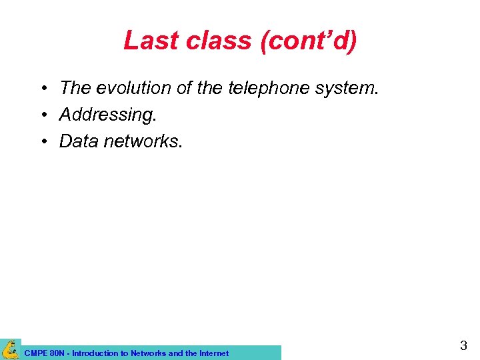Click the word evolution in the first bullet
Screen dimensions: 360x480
tap(125, 87)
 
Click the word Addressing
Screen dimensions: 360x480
tap(107, 115)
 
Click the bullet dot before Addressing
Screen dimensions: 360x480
tap(42, 115)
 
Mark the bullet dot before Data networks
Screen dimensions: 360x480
tap(42, 142)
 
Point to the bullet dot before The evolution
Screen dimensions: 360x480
tap(42, 88)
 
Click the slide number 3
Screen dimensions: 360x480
tap(463, 345)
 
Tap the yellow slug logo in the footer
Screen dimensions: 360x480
tap(11, 349)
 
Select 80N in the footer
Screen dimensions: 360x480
tap(56, 353)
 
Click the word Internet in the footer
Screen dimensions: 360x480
tap(213, 353)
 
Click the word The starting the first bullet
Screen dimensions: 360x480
tap(74, 87)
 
